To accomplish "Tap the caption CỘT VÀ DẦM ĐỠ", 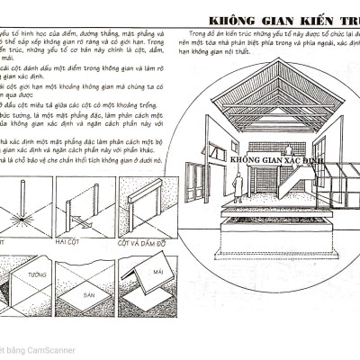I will click(x=144, y=243).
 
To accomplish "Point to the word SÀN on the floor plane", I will click(x=85, y=293).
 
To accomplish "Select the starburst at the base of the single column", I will click(x=19, y=221).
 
